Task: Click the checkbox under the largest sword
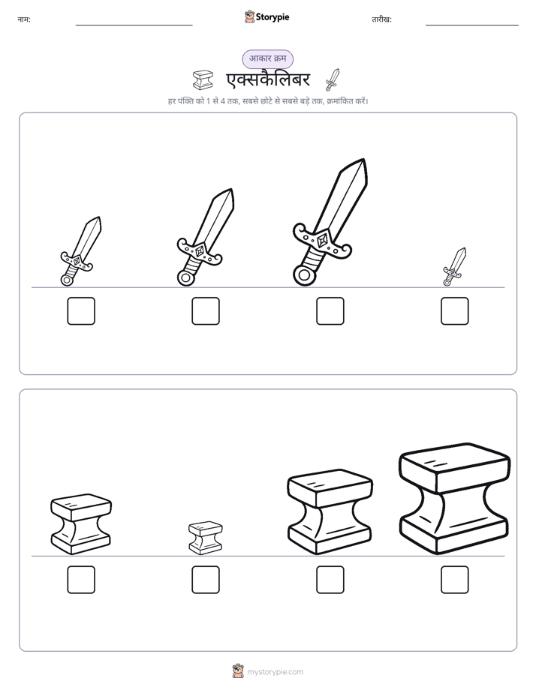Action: coord(330,311)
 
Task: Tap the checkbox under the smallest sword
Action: coord(455,311)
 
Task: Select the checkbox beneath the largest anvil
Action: coord(455,580)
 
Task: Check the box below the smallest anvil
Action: coord(206,580)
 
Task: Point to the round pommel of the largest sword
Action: coord(304,275)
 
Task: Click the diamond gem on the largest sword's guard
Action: coord(322,241)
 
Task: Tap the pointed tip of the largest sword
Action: coord(363,160)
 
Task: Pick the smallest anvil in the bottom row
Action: coord(206,538)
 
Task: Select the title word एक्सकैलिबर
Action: coord(269,80)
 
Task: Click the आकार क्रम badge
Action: coord(267,58)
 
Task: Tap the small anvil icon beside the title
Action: coord(203,80)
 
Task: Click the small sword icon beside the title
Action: coord(332,79)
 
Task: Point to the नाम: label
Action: coord(24,19)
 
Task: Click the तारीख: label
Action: coord(381,19)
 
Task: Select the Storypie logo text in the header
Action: coord(273,17)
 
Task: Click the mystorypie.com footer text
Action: coord(275,672)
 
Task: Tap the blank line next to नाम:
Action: coord(134,25)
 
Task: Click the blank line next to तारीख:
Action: coord(472,25)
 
